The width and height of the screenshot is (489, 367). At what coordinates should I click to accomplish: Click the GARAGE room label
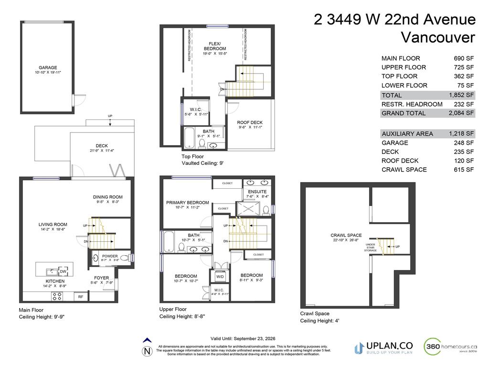pyautogui.click(x=48, y=68)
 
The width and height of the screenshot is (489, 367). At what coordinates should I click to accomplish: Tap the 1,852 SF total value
pyautogui.click(x=461, y=95)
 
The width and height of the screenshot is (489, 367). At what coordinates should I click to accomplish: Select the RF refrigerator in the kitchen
pyautogui.click(x=81, y=297)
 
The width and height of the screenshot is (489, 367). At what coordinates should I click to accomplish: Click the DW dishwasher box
pyautogui.click(x=63, y=271)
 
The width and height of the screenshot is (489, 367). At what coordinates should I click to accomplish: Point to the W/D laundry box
pyautogui.click(x=221, y=277)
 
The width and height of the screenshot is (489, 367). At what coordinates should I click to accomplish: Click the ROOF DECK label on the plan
pyautogui.click(x=250, y=123)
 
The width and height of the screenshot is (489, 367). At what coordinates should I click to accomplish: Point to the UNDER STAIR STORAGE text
pyautogui.click(x=371, y=247)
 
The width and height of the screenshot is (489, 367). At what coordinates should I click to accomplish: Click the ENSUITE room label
pyautogui.click(x=257, y=192)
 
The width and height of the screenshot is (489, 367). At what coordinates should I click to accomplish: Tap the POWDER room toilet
pyautogui.click(x=124, y=258)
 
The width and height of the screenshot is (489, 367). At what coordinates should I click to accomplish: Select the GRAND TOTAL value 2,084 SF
pyautogui.click(x=461, y=113)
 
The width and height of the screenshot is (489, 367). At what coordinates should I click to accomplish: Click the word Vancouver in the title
pyautogui.click(x=438, y=37)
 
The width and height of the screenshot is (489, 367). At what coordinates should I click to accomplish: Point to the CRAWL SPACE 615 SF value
pyautogui.click(x=463, y=170)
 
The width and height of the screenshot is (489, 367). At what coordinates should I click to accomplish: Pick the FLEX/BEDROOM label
pyautogui.click(x=214, y=46)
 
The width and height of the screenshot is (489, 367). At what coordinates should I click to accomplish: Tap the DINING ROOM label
pyautogui.click(x=107, y=197)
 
